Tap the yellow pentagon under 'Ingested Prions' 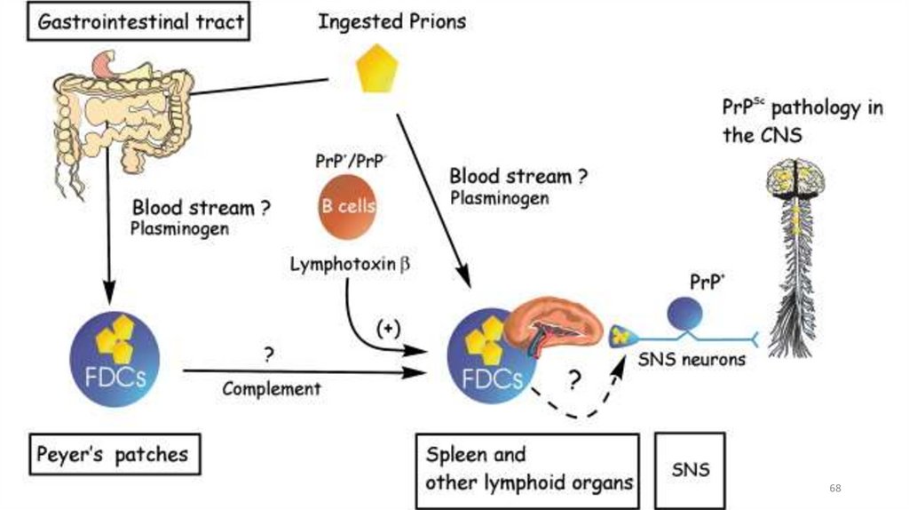[376, 71]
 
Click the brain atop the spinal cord [796, 178]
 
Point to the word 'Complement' [271, 388]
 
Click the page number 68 [834, 489]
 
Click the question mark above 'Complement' [267, 355]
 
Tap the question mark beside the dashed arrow [573, 381]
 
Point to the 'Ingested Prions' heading [391, 22]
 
